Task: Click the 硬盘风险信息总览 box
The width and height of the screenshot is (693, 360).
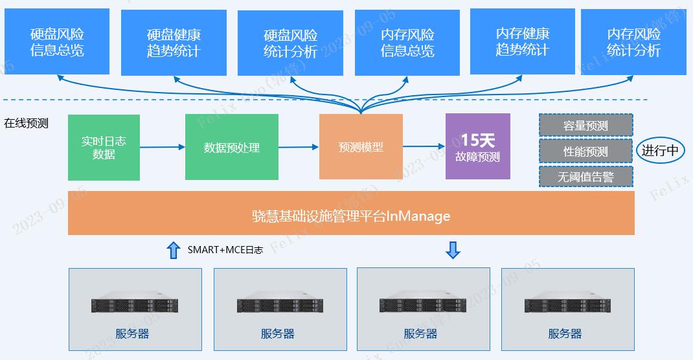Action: pyautogui.click(x=57, y=41)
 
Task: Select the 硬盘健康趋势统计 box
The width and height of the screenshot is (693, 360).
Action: pyautogui.click(x=173, y=43)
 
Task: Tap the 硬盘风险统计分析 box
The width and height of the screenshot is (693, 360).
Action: pyautogui.click(x=290, y=43)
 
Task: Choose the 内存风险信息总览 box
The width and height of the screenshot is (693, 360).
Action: pyautogui.click(x=407, y=43)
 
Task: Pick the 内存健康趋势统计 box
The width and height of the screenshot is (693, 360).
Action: pyautogui.click(x=522, y=41)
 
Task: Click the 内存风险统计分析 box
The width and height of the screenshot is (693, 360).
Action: pyautogui.click(x=633, y=41)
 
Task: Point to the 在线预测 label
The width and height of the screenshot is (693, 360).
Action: pyautogui.click(x=27, y=123)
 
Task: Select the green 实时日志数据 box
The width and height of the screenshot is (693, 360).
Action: pyautogui.click(x=104, y=148)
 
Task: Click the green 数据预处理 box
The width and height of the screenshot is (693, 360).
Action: pyautogui.click(x=232, y=148)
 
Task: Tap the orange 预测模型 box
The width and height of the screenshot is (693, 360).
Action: pyautogui.click(x=361, y=147)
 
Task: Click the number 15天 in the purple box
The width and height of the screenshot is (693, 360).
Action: pyautogui.click(x=477, y=140)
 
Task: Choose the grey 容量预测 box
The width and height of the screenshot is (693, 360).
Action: pyautogui.click(x=585, y=126)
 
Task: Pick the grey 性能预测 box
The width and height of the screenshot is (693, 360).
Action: pyautogui.click(x=585, y=152)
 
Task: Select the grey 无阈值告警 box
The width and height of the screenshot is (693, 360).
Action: pyautogui.click(x=585, y=176)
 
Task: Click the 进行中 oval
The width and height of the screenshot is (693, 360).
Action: pyautogui.click(x=660, y=150)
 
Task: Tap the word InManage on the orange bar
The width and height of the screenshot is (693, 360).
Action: pyautogui.click(x=418, y=216)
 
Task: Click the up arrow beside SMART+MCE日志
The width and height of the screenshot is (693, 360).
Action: pyautogui.click(x=173, y=250)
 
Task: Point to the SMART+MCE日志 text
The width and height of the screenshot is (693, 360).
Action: pyautogui.click(x=225, y=250)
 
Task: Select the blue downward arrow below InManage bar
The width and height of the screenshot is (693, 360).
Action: pyautogui.click(x=453, y=250)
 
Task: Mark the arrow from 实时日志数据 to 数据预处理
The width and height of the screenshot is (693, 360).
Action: pyautogui.click(x=163, y=147)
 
